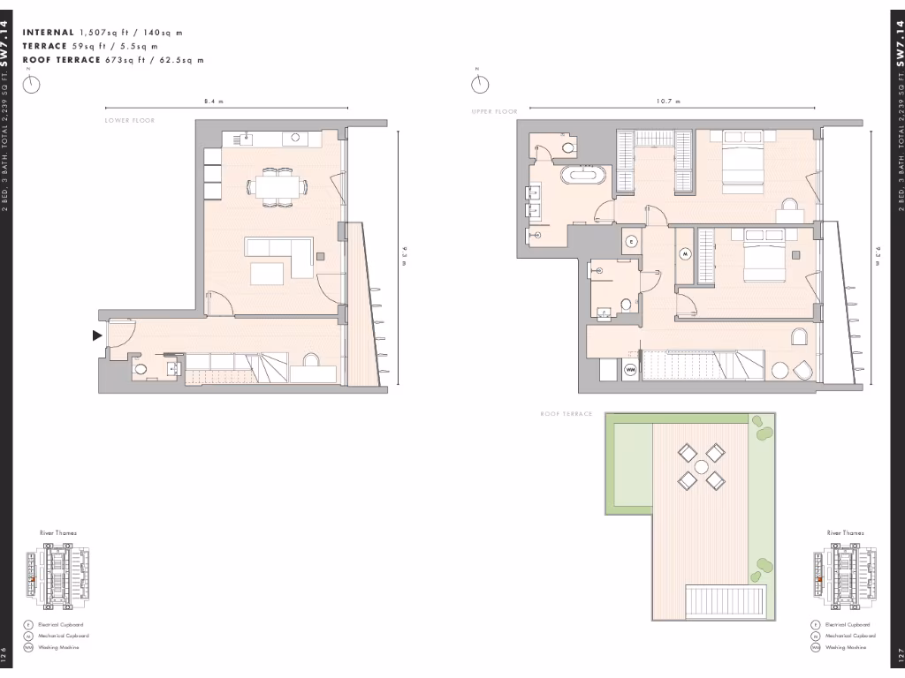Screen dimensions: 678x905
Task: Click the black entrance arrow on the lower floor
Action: [x=96, y=335]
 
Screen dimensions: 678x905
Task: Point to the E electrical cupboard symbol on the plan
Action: [x=631, y=241]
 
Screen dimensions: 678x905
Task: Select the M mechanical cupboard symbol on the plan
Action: [x=685, y=253]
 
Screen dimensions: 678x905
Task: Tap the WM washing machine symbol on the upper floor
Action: [x=631, y=369]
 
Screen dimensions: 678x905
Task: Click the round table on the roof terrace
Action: [x=701, y=466]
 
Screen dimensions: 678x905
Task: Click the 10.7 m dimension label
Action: [x=668, y=102]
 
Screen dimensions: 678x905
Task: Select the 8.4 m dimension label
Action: [x=214, y=102]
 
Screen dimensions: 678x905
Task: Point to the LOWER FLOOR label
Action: [x=129, y=120]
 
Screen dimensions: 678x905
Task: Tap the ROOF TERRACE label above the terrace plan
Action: [x=567, y=413]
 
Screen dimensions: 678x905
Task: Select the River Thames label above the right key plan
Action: [x=846, y=533]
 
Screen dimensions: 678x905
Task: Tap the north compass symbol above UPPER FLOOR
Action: [x=480, y=83]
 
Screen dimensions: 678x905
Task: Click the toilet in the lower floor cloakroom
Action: [x=140, y=370]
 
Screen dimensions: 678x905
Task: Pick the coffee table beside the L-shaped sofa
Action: [x=268, y=275]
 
